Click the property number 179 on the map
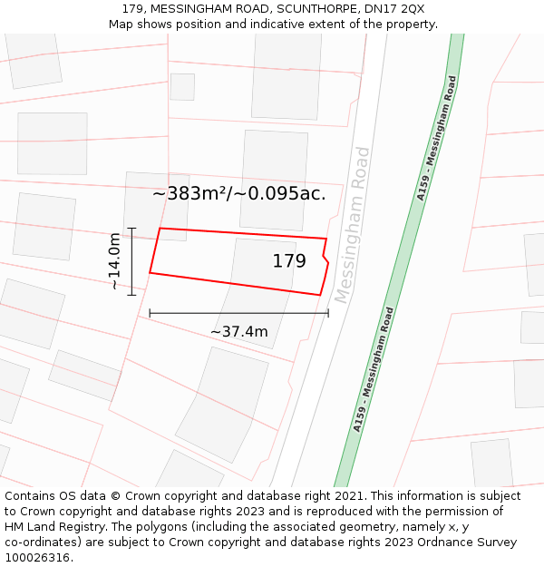coord(289,261)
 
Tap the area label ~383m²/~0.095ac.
coord(238,193)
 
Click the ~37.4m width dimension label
coord(239,331)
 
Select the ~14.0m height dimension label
coord(115,261)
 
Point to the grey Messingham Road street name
coord(352,224)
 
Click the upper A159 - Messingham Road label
coord(437,137)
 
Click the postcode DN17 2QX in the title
coord(401,8)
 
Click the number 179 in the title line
coord(133,8)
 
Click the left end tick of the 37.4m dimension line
coord(150,313)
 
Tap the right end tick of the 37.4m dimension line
coord(328,313)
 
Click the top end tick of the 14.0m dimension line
coord(131,229)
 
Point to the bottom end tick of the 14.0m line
coord(131,295)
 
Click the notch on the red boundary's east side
coord(325,257)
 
